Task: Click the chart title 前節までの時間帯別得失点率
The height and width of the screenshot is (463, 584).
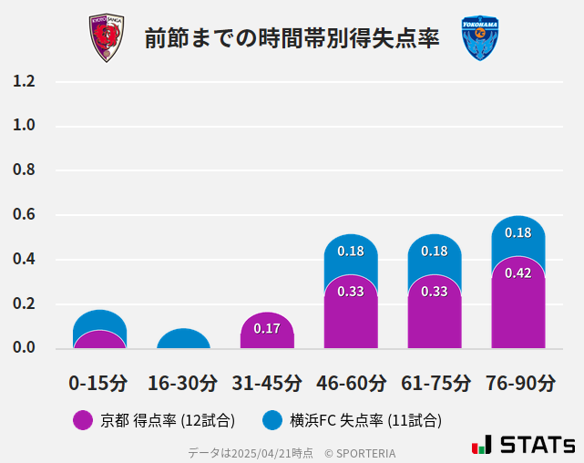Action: click(x=292, y=38)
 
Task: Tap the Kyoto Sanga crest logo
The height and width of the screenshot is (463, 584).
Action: click(x=106, y=38)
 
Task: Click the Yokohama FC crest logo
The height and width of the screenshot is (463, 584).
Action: click(x=480, y=38)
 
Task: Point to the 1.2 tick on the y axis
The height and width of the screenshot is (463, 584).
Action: click(x=24, y=82)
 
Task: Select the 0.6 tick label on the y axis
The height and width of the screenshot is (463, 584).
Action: click(x=24, y=215)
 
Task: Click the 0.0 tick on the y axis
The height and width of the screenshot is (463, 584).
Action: click(x=24, y=348)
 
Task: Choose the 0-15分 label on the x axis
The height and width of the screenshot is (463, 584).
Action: click(x=99, y=383)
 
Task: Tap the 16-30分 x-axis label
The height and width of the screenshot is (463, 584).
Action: click(x=183, y=383)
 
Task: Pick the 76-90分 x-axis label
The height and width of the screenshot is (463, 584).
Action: click(x=518, y=383)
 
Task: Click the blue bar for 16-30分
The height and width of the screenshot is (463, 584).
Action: click(x=183, y=339)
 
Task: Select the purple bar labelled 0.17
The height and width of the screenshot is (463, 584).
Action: click(x=267, y=330)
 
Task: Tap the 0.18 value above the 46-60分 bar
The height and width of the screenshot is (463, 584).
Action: click(x=351, y=252)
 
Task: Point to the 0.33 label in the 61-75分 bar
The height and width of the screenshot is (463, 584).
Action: click(x=435, y=292)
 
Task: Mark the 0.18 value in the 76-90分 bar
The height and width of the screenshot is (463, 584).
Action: click(x=517, y=233)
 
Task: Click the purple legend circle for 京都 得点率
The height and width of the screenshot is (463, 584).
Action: click(x=83, y=420)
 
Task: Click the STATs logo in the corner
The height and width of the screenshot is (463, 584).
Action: click(x=524, y=445)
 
